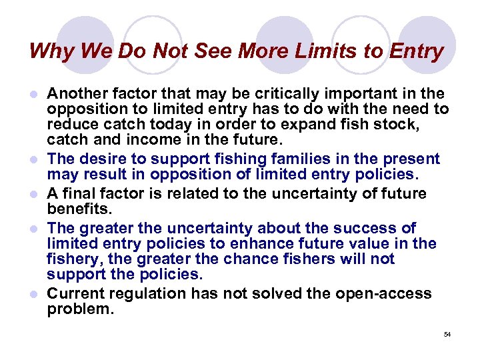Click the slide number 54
point(447,334)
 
